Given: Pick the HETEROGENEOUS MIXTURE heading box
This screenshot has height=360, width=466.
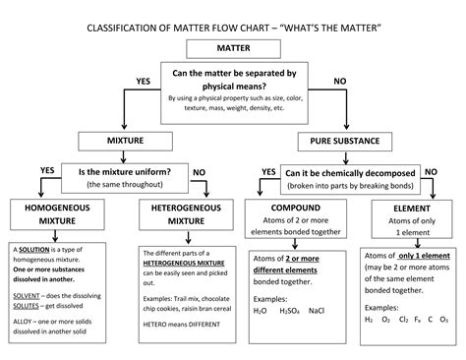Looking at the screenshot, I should coord(179,215).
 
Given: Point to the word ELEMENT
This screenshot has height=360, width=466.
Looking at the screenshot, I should coord(407,210).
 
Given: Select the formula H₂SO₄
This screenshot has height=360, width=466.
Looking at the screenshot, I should coord(288,310).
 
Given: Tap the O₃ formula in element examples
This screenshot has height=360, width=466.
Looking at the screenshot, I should coord(444,319).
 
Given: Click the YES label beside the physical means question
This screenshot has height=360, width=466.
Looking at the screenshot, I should coord(143,81).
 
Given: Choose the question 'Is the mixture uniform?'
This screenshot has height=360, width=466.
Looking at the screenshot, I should coord(123,171).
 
